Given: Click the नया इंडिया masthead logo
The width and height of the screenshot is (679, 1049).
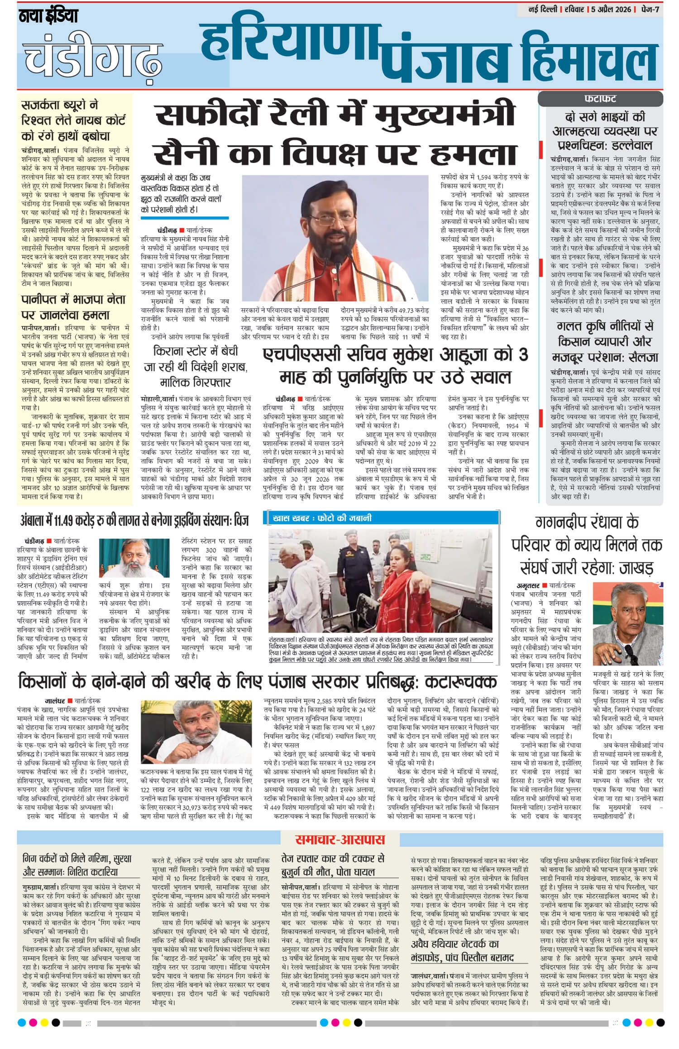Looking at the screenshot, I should click(x=48, y=17).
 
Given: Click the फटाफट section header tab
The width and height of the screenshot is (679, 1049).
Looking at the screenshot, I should click(x=600, y=99).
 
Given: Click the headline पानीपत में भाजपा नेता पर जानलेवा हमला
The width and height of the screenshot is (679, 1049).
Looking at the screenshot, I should click(x=74, y=307).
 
